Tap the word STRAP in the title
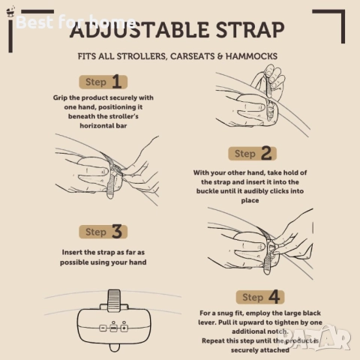pos(250,29)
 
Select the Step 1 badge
pos(103,82)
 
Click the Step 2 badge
pos(252,153)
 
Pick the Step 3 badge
pos(103,232)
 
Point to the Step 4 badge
pos(260,297)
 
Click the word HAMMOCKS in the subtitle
pos(251,56)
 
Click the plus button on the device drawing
pos(124,328)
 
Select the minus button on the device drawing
pos(103,328)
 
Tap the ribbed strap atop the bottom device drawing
pos(114,301)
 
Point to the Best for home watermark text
pos(76,22)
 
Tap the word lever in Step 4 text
pos(207,322)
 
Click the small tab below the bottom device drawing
pos(115,347)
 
